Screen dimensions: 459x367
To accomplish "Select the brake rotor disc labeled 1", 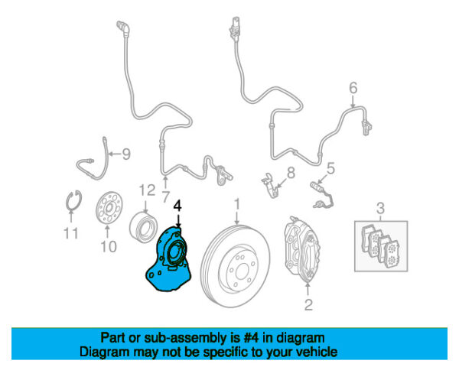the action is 235,266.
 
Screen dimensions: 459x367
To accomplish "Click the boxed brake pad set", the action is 381,246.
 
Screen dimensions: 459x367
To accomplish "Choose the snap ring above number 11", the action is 73,200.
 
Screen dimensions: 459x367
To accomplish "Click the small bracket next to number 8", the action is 269,185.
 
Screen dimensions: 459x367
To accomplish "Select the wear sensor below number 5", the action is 322,195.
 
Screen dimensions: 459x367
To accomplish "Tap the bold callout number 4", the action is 177,206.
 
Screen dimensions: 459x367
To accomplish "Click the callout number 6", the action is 353,88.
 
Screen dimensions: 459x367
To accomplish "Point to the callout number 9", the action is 126,154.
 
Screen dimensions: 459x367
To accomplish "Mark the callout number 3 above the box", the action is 380,209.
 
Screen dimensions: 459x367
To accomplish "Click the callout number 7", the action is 166,197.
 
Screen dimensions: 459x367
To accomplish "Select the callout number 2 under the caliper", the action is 308,304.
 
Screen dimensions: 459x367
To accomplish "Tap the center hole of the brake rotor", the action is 242,271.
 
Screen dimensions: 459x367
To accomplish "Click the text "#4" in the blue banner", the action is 251,338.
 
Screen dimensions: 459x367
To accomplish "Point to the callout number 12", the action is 147,190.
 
